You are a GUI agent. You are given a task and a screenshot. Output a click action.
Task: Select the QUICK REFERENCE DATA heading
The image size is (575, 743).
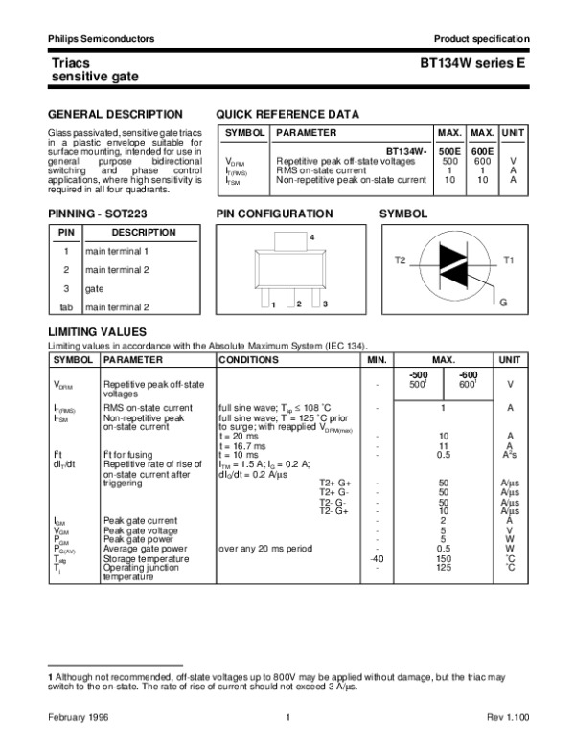pos(287,113)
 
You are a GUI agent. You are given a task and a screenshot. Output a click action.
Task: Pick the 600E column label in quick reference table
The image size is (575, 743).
pos(482,152)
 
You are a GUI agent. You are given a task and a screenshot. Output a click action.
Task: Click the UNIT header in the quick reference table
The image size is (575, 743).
pos(514,133)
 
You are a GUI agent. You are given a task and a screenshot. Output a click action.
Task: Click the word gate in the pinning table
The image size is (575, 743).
pos(94,288)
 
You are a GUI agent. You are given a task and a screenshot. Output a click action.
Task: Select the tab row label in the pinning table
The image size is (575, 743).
pos(66,307)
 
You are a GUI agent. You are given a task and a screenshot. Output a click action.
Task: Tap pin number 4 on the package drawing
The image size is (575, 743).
pos(311,236)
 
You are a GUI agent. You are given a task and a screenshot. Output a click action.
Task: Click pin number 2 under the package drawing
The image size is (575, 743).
pos(299,304)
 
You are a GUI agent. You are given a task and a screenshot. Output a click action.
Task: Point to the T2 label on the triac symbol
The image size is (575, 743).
pos(401,260)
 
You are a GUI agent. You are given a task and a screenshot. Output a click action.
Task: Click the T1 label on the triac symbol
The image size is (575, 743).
pos(509,260)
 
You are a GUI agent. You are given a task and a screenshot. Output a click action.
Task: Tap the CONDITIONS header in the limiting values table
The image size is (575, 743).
pos(248,360)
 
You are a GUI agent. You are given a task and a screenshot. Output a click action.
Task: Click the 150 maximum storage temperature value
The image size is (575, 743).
pos(443,558)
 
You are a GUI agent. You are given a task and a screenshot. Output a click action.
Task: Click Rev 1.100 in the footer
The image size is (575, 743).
pos(509,717)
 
